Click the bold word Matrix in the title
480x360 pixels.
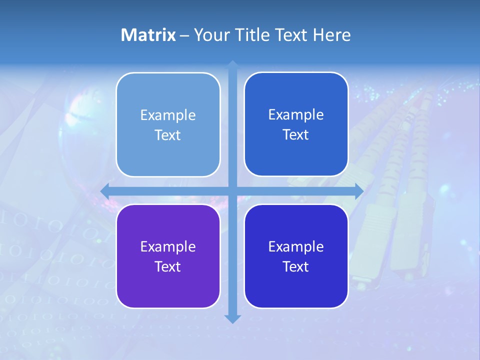(148, 35)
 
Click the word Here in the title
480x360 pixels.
(332, 35)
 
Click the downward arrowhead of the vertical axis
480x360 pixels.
(232, 318)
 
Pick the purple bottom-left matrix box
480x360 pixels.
(168, 285)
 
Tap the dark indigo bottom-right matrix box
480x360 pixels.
(296, 285)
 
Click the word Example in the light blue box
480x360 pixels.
(168, 115)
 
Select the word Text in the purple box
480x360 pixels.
(168, 266)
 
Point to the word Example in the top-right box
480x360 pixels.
(296, 114)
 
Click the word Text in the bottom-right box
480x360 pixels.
(296, 266)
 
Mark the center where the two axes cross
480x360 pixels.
(232, 190)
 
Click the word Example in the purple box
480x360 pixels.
(168, 246)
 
